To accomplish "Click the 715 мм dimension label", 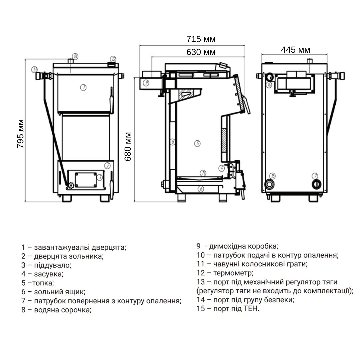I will coord(201,39).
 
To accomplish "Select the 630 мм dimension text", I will coord(201,52).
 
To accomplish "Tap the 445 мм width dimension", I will coord(295,50).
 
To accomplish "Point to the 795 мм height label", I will coord(20,133).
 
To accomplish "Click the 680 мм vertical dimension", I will coord(128,146).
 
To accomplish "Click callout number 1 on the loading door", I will coord(83,87).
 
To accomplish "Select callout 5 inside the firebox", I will coord(197,144).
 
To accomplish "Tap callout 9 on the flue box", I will coord(146,82).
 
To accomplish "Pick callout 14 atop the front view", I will coord(75,56).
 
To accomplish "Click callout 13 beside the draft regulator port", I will coord(34,70).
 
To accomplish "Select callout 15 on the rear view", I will coord(272,176).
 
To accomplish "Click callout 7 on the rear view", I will coord(315,176).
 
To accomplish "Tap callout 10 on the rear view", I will coord(269,85).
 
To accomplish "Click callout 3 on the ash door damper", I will coord(99,177).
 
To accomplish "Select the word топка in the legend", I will coord(42,283).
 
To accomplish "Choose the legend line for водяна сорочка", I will coord(56,310).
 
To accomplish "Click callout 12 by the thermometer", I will coord(113,59).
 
